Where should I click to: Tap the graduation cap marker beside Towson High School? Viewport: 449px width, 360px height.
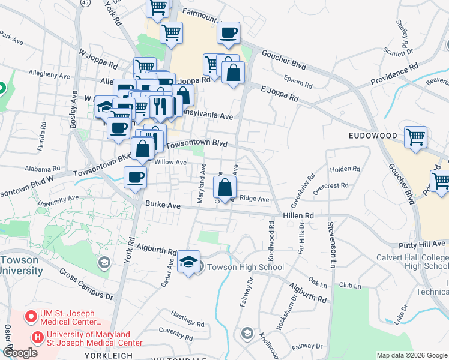click(189, 262)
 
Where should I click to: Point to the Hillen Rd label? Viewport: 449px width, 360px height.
click(300, 215)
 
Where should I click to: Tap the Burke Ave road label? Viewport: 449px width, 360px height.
click(163, 205)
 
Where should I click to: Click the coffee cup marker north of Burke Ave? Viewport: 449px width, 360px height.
click(134, 177)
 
